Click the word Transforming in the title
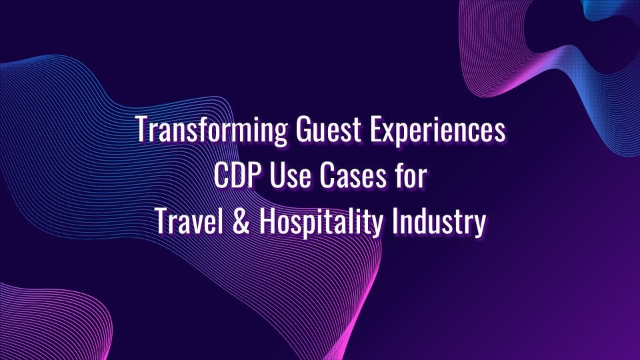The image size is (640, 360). tap(211, 130)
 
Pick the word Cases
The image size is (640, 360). tap(353, 175)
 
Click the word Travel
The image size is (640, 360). tap(189, 221)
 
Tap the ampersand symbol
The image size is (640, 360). tap(241, 221)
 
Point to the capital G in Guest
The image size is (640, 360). tap(304, 129)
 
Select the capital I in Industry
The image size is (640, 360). tap(395, 221)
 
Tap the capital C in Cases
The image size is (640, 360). tap(327, 175)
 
